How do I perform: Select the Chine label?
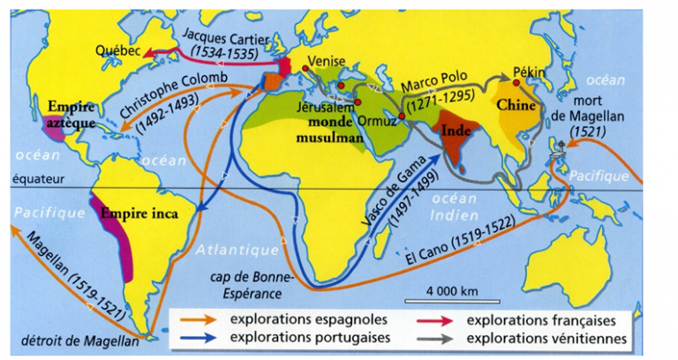(515, 105)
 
